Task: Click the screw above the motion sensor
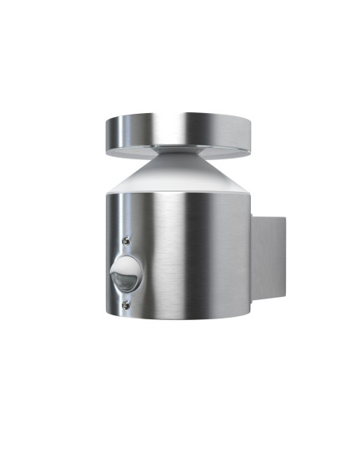coord(126,240)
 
